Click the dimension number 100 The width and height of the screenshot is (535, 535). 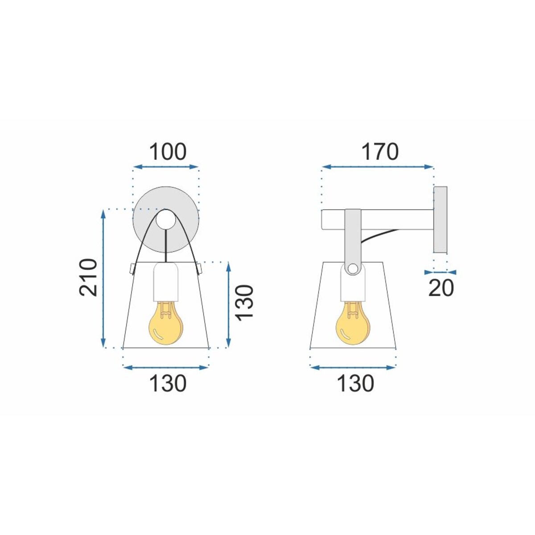coord(168,152)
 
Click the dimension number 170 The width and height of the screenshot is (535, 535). coord(380,152)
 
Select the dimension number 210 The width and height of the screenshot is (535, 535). coord(88,278)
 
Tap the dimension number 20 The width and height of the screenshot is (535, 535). coord(441,288)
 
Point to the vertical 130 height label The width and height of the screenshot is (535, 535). coord(245,303)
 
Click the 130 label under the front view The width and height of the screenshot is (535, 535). coord(168,383)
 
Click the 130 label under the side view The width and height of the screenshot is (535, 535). coord(355,383)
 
